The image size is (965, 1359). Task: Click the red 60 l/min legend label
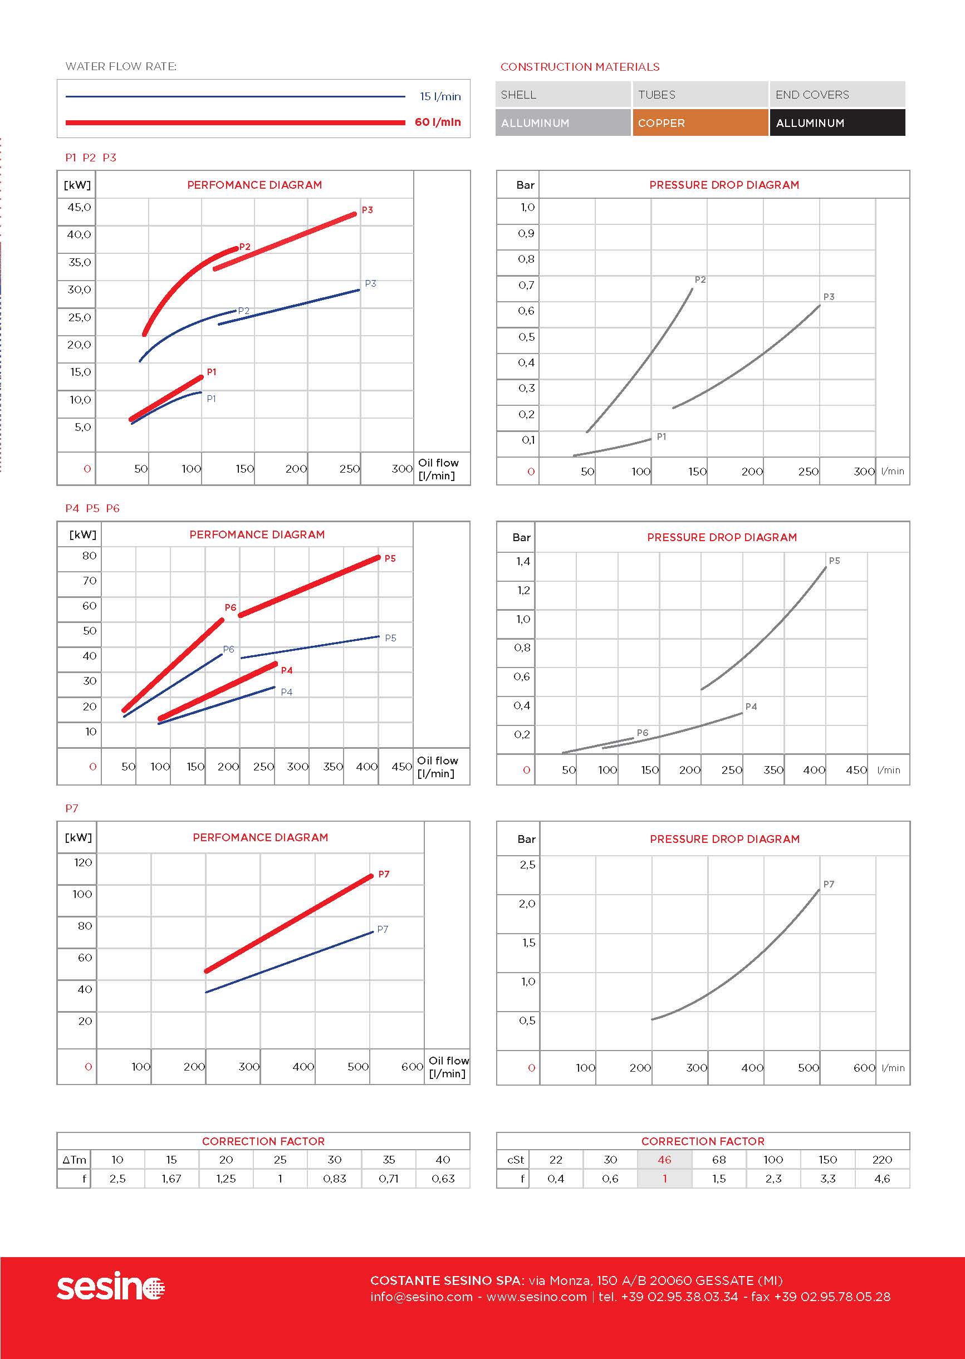click(437, 122)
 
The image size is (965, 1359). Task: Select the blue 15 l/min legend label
click(440, 96)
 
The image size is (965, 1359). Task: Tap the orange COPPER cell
click(699, 123)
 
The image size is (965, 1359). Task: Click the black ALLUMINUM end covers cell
click(837, 123)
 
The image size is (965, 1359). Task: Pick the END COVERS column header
click(812, 95)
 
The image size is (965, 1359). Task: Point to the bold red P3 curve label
click(367, 210)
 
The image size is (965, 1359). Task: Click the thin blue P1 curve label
click(212, 399)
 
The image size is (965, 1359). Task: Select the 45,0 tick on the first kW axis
click(79, 207)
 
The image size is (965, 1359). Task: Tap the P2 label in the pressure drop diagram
click(700, 279)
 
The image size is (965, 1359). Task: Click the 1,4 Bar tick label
click(522, 561)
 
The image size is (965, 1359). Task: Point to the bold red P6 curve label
click(231, 607)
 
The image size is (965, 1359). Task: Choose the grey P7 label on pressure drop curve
click(829, 885)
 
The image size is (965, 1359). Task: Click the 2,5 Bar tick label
click(527, 865)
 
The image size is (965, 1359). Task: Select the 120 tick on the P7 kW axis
click(82, 862)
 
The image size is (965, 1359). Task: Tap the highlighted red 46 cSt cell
click(664, 1160)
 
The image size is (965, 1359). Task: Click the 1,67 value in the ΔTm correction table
click(171, 1179)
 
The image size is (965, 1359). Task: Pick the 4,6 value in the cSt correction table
click(882, 1179)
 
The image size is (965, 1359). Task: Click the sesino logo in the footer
click(110, 1287)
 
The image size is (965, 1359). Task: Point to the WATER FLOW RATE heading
click(121, 66)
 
